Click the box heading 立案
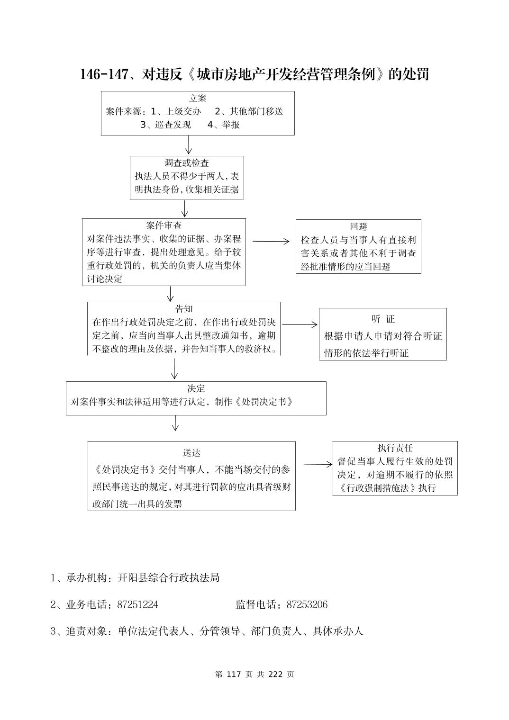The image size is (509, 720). click(198, 99)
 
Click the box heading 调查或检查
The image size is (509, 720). click(187, 163)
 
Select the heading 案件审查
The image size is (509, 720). click(164, 225)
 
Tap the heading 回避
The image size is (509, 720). click(358, 226)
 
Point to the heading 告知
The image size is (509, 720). click(184, 309)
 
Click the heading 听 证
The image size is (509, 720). click(383, 319)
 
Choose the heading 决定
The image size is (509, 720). click(196, 388)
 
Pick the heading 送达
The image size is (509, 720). click(191, 453)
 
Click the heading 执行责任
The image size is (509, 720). click(395, 448)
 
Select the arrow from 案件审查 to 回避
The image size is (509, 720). click(271, 241)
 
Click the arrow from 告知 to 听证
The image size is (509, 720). click(300, 324)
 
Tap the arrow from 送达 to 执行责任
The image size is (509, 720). click(318, 464)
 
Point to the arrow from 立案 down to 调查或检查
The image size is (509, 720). click(189, 145)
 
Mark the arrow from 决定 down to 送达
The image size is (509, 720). click(175, 423)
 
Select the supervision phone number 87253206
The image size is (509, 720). click(307, 605)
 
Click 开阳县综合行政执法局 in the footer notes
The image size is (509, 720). click(169, 578)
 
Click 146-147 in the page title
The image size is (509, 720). click(104, 74)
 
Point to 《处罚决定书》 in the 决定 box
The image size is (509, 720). click(264, 402)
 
